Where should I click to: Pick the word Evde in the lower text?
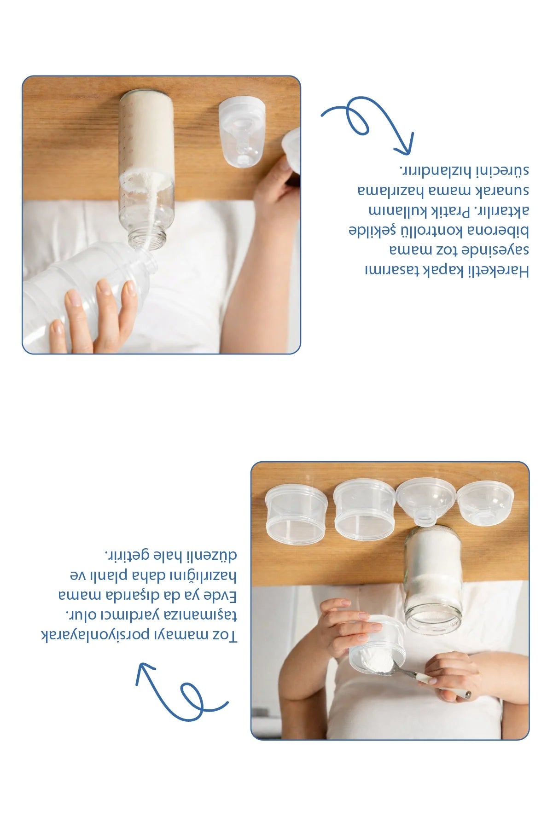(x=218, y=596)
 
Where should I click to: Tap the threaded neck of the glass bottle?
(x=147, y=238)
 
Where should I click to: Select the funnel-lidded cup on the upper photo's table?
(x=242, y=131)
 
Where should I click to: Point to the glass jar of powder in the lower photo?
(x=432, y=580)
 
